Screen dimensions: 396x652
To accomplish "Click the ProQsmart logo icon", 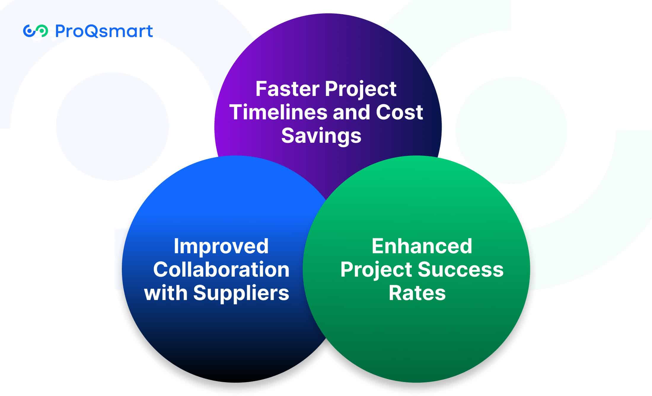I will coord(35,31).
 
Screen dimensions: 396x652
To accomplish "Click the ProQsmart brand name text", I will coord(104,31).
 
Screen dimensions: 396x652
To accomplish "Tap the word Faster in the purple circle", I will coord(288,89).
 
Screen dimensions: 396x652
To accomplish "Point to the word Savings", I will coord(321,136).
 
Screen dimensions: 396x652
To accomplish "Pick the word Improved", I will coord(221,246).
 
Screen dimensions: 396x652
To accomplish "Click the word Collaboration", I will coord(221,270).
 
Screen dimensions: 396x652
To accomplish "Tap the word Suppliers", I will coord(241,293).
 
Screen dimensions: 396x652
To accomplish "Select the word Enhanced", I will coord(422,246).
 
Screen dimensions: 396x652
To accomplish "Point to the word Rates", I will coord(417,293).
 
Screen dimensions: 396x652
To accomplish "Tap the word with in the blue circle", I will coord(165,293).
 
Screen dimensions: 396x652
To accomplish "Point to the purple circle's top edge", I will coord(328,15).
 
